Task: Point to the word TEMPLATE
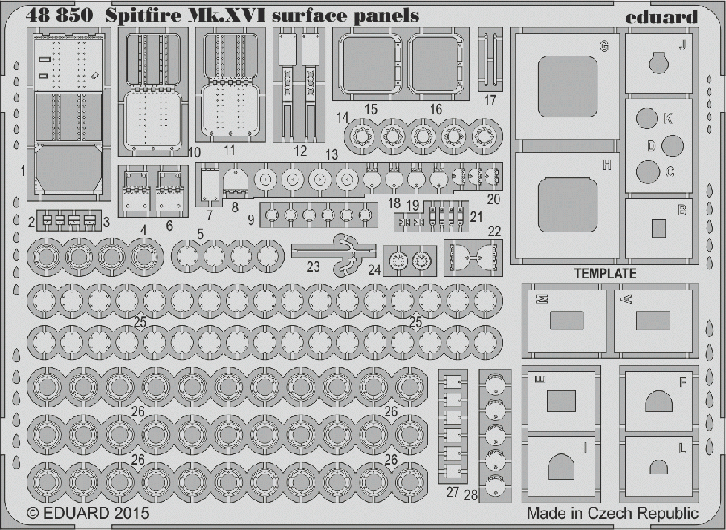pyautogui.click(x=605, y=273)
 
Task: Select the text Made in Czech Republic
pyautogui.click(x=612, y=514)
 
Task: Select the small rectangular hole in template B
pyautogui.click(x=659, y=227)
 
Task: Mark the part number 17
pyautogui.click(x=490, y=100)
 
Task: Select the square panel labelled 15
pyautogui.click(x=367, y=65)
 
